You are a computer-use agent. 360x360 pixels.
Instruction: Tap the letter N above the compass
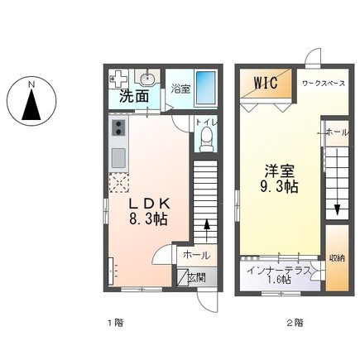pos(31,83)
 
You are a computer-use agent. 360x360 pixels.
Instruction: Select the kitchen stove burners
pos(118,127)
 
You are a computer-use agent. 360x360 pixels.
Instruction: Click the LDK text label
pos(148,203)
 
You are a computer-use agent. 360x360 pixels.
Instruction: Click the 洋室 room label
pos(279,170)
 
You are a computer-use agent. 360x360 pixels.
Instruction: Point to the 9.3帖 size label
pos(280,187)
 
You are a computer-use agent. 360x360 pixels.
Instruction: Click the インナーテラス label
pos(278,267)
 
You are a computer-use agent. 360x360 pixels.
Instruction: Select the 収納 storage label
pos(336,258)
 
